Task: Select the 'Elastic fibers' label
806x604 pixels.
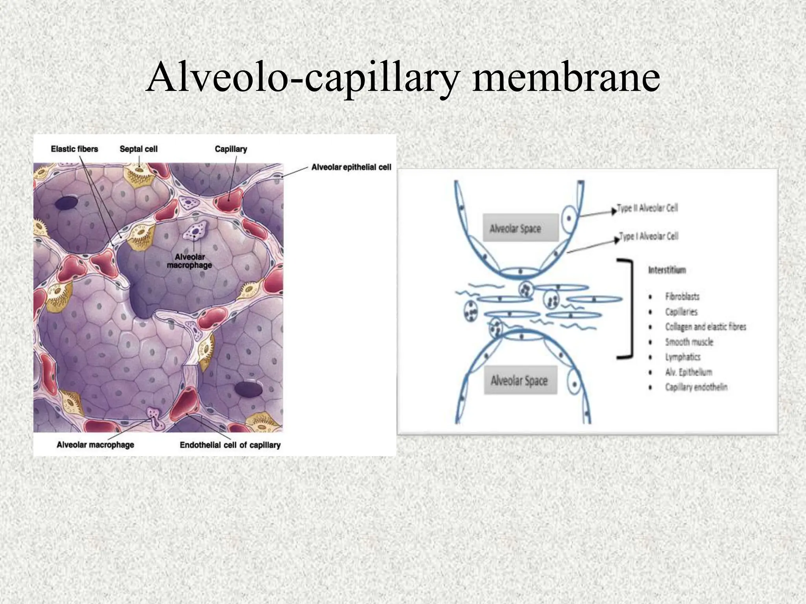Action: [x=74, y=149]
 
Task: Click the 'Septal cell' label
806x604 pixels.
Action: [x=139, y=149]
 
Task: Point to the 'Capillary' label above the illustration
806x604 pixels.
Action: [x=231, y=149]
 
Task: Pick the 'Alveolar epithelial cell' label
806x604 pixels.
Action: [x=351, y=167]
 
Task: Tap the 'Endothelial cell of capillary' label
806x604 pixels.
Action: [x=230, y=445]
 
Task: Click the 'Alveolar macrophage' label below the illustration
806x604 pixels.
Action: [x=95, y=445]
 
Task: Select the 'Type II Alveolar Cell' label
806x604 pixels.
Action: [x=647, y=208]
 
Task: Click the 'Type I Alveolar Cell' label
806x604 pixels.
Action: [x=649, y=236]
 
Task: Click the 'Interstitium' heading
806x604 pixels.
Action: [x=667, y=270]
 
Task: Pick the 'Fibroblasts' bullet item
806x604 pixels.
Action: [x=682, y=296]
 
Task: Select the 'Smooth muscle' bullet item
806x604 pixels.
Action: [x=689, y=342]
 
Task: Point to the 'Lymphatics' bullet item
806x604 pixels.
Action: [x=682, y=357]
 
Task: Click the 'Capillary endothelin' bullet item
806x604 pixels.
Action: [x=696, y=387]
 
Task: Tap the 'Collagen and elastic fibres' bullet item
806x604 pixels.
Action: [x=705, y=327]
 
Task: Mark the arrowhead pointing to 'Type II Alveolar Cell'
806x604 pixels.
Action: [x=613, y=211]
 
